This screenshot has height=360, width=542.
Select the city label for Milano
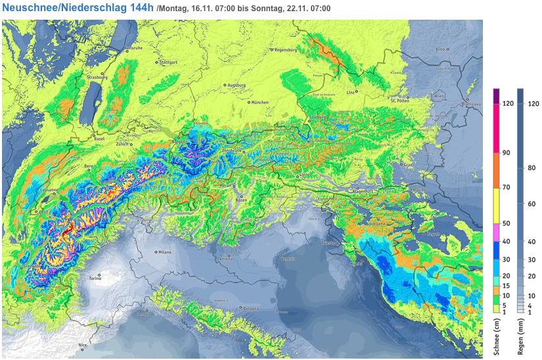(164, 252)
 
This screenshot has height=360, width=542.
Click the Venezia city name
(288, 258)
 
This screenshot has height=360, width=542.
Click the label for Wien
(439, 96)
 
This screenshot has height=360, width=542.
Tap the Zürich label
(123, 143)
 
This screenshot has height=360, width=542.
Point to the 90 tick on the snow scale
(507, 153)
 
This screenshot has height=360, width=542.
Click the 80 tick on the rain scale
(533, 169)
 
